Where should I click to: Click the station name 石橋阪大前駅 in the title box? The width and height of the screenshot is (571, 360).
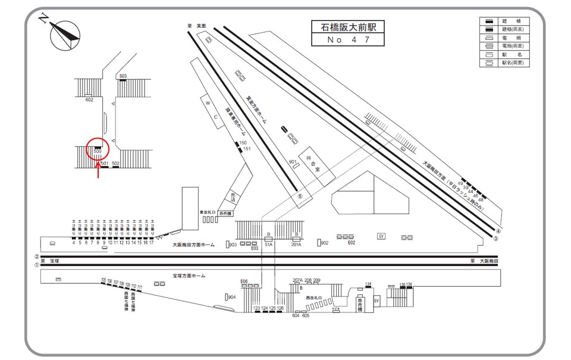(348, 27)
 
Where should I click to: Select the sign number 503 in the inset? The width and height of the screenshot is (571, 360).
(123, 76)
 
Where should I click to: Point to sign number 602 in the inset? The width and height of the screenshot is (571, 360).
(90, 100)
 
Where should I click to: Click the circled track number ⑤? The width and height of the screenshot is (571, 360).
(300, 196)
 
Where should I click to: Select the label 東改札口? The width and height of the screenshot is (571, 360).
(206, 211)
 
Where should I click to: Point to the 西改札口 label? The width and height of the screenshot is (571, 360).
(313, 297)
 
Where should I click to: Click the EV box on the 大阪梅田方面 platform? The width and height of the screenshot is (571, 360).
(381, 236)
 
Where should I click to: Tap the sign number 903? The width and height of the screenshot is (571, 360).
(233, 245)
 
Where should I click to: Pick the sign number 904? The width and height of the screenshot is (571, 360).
(231, 297)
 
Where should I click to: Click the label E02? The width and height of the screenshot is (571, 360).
(352, 243)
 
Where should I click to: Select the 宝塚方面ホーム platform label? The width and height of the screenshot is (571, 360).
(189, 276)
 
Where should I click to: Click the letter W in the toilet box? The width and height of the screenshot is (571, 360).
(208, 102)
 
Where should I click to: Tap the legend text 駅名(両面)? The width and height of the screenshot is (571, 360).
(515, 62)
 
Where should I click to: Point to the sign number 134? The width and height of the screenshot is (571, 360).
(368, 283)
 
